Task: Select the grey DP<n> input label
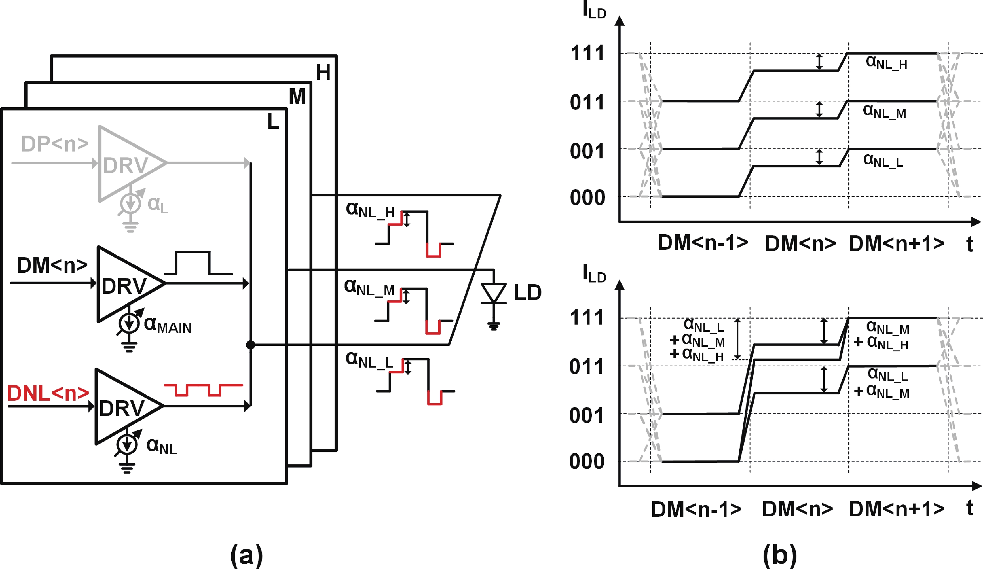click(55, 144)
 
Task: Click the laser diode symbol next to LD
click(493, 293)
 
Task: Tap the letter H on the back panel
click(323, 72)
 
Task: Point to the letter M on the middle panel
click(297, 97)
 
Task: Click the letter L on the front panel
click(273, 122)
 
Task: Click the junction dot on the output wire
click(250, 345)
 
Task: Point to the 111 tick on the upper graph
click(587, 53)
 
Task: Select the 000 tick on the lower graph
click(586, 461)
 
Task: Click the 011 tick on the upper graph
click(587, 102)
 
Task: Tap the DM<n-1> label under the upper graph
click(703, 243)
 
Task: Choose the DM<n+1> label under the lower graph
click(896, 509)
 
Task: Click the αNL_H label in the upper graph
click(886, 62)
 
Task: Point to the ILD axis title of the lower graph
click(594, 274)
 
